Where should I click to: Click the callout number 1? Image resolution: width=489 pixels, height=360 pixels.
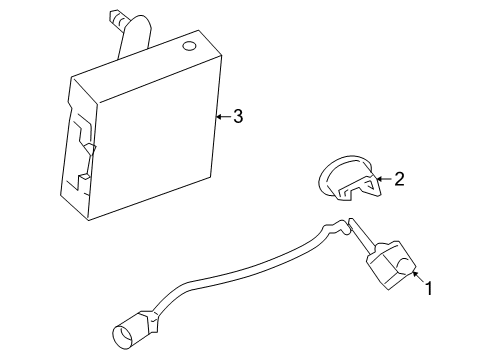(x=429, y=290)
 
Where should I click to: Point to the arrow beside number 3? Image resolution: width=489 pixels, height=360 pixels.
(x=222, y=117)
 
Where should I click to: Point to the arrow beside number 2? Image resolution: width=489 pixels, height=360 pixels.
(x=384, y=181)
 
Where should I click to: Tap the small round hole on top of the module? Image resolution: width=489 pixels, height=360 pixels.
(x=188, y=46)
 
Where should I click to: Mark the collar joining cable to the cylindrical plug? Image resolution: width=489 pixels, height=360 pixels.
(x=152, y=317)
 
